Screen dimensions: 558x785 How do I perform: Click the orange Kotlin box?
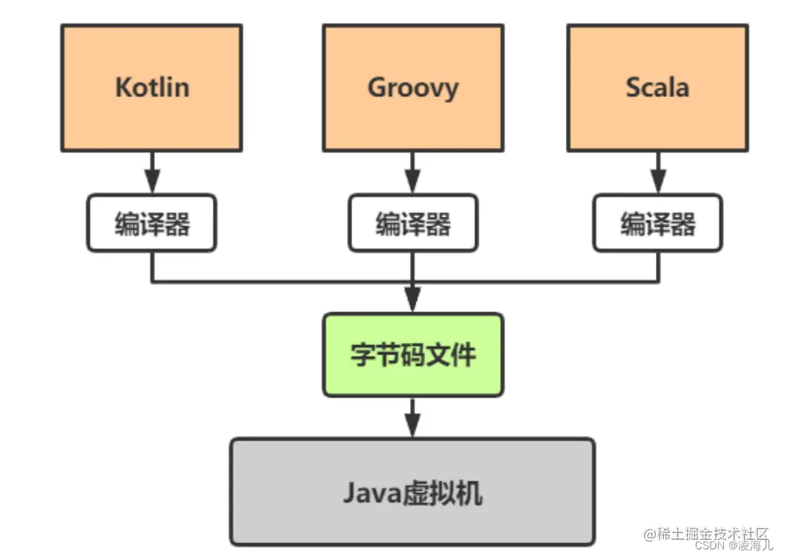(x=152, y=87)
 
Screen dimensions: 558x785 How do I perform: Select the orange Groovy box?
(x=413, y=87)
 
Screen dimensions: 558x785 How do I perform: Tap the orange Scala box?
(x=657, y=87)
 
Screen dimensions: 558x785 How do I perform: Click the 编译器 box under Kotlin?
(x=152, y=224)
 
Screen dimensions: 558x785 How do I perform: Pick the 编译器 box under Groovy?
(x=413, y=224)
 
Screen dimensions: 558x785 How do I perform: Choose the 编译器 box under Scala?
(x=657, y=224)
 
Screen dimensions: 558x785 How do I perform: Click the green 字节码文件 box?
(x=413, y=355)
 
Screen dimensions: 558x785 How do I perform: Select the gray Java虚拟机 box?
(x=412, y=491)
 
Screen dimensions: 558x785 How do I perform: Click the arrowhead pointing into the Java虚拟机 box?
(x=413, y=427)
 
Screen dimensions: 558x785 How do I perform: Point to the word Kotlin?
(x=152, y=87)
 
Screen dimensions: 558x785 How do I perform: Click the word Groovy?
(x=413, y=87)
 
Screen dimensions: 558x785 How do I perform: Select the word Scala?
(x=657, y=87)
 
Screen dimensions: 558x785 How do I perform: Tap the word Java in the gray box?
(x=369, y=493)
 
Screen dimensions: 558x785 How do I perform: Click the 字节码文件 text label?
(x=413, y=355)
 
